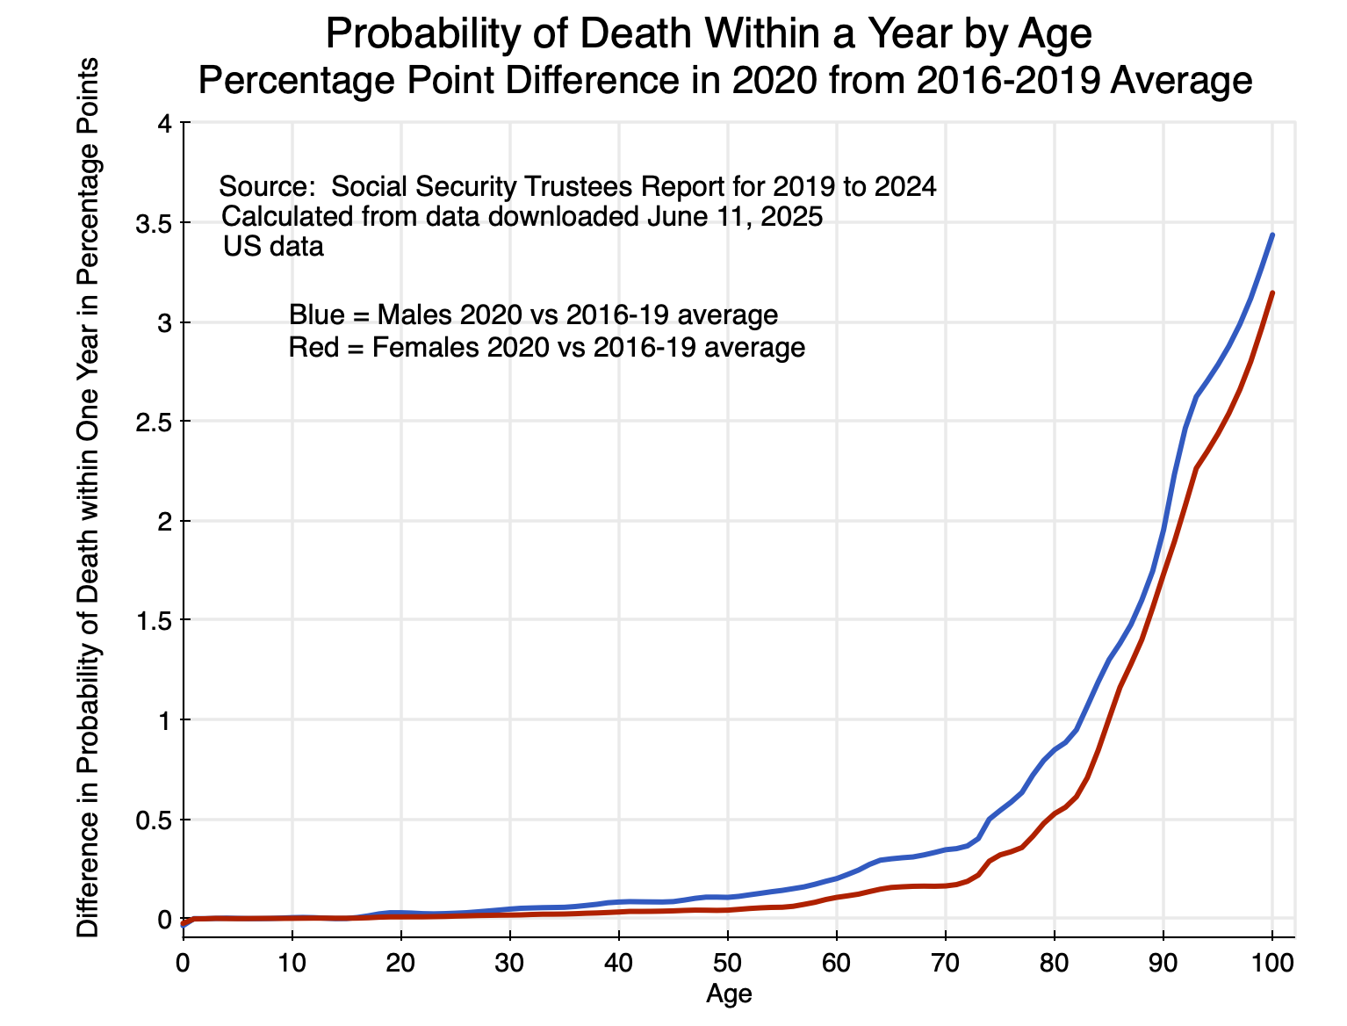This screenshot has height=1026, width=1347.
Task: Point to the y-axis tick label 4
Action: click(162, 124)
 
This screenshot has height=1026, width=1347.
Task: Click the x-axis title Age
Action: click(729, 993)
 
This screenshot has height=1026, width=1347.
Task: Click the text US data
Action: click(273, 247)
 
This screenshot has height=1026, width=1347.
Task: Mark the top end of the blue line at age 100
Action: click(1272, 235)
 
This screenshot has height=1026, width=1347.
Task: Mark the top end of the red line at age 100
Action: click(1272, 293)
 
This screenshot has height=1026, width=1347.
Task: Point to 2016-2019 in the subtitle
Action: click(1003, 81)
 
